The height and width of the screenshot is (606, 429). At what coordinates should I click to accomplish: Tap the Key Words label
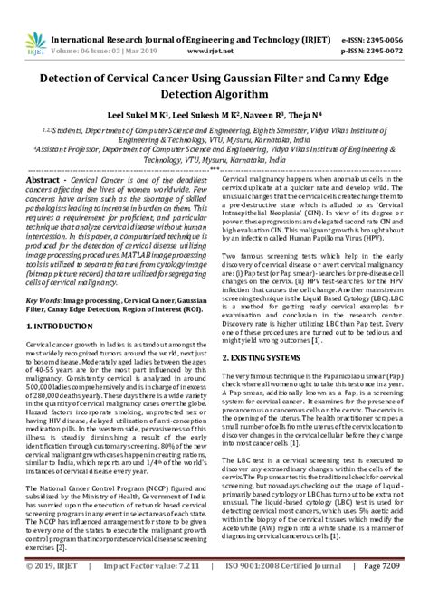[x=44, y=298]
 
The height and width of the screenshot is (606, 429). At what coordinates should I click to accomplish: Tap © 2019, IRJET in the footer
[x=43, y=592]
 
